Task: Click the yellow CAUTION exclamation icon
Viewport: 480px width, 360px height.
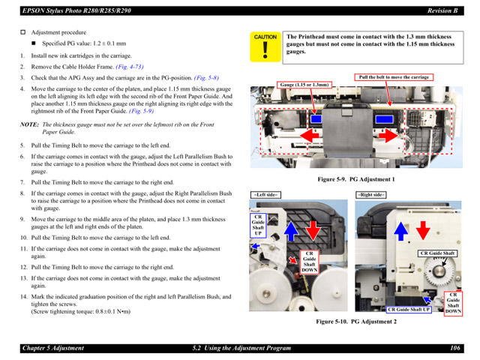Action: pos(265,46)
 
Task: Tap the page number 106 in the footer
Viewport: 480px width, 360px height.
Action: pos(455,349)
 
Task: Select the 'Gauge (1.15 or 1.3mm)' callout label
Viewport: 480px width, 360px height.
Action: pos(304,85)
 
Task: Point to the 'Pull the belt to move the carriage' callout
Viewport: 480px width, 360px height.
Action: pos(394,77)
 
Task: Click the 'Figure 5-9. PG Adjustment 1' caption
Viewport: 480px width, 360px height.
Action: pos(356,179)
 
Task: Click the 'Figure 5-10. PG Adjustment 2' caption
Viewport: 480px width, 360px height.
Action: pos(356,321)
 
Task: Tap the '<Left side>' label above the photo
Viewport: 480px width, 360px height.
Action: pos(266,194)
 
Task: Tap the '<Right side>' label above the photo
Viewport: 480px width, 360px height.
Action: pos(370,194)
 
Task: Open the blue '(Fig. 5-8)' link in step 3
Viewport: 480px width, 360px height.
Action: pos(206,77)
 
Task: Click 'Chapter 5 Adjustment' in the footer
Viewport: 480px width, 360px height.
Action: pos(53,349)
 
